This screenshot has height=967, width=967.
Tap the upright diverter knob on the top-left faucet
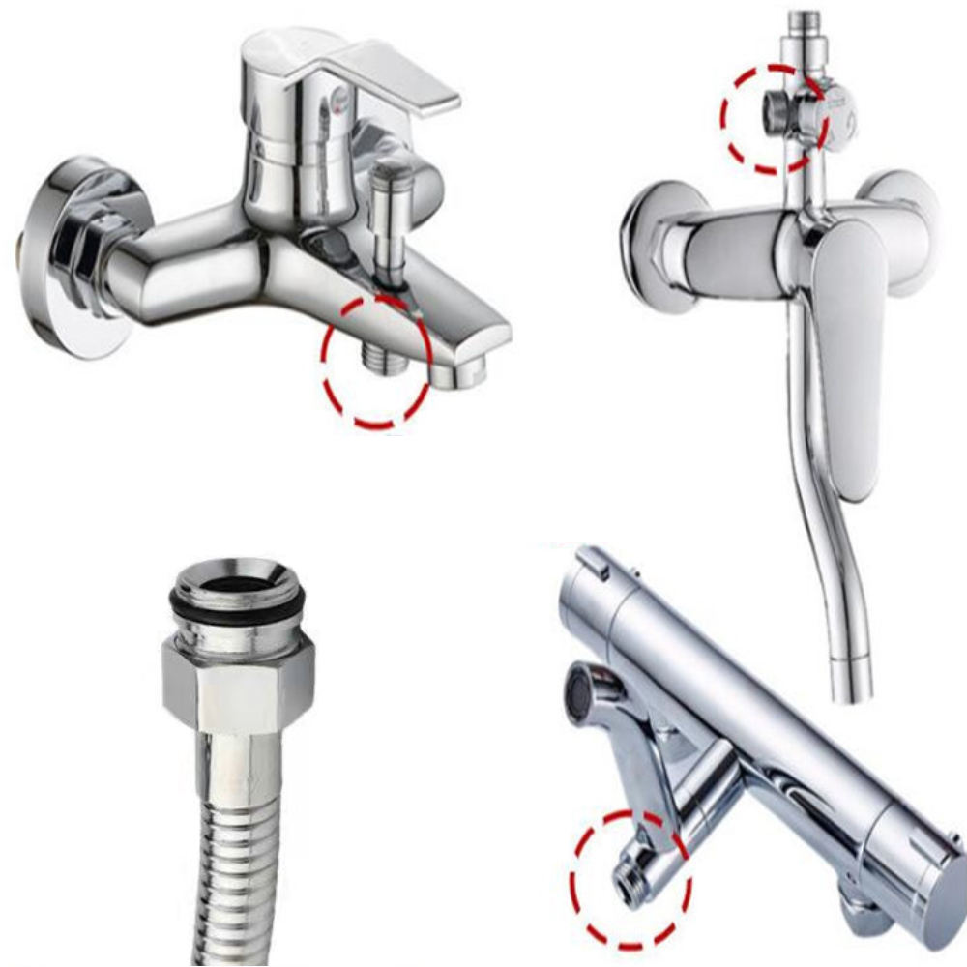point(393,227)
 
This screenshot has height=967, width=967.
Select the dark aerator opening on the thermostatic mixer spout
point(578,696)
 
